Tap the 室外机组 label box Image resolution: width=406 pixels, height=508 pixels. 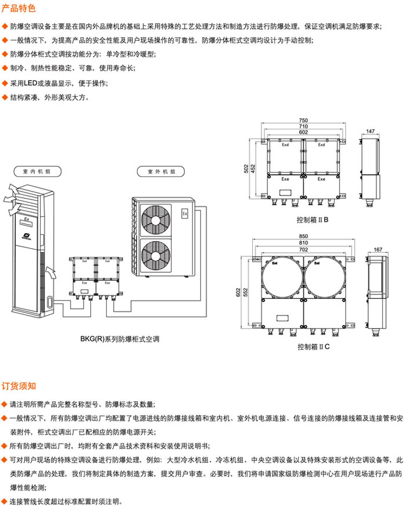pos(158,172)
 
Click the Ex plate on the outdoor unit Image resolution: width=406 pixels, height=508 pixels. pos(185,213)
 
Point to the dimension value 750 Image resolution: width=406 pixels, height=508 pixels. pos(303,120)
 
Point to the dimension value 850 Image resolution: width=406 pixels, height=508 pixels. pos(303,236)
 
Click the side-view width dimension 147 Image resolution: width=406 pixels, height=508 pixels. pos(371,132)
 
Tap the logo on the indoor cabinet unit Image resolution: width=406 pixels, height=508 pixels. pos(27,235)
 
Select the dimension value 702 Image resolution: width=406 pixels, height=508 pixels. pos(303,249)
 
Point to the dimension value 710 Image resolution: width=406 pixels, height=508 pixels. pos(303,126)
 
